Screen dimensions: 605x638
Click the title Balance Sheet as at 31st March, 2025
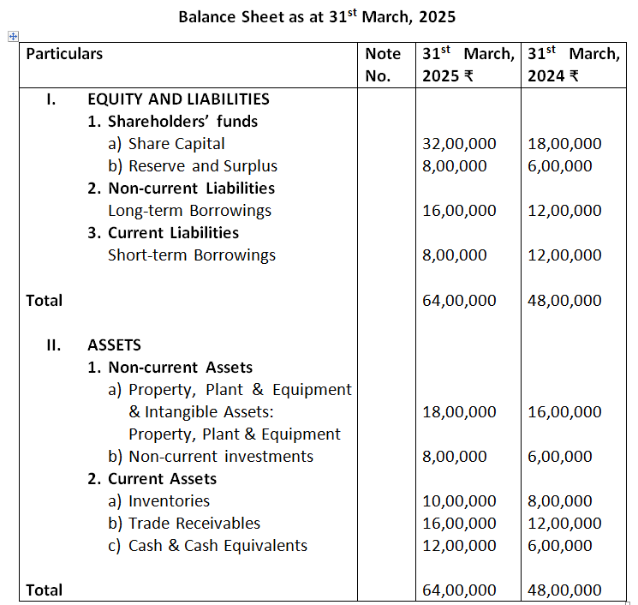[x=318, y=17]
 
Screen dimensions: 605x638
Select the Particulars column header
[x=64, y=54]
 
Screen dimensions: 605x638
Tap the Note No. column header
[x=383, y=64]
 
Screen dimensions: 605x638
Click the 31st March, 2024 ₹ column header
[x=572, y=64]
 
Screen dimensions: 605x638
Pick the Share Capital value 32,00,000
[x=459, y=144]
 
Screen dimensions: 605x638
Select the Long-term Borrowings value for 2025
[x=459, y=211]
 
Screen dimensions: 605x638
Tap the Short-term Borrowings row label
[x=192, y=255]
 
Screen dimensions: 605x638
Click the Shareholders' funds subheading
[x=172, y=122]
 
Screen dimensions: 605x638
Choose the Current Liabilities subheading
[x=163, y=233]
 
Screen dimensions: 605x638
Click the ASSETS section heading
[x=114, y=345]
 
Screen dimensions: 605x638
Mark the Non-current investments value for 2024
[x=559, y=457]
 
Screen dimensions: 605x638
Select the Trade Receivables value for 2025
[x=459, y=524]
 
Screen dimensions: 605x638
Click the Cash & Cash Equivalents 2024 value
[x=559, y=546]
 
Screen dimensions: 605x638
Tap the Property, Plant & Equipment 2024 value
[x=564, y=412]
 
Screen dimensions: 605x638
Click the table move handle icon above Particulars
[x=12, y=37]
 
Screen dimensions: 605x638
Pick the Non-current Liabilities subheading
[x=181, y=189]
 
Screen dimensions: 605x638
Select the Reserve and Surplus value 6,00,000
[x=559, y=166]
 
